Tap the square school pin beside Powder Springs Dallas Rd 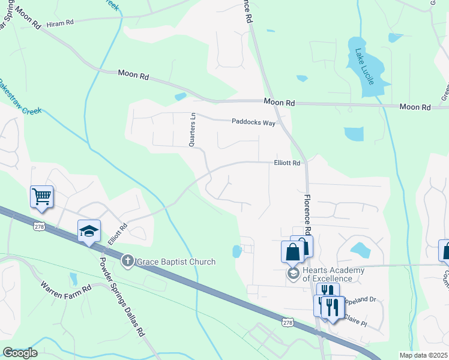pyautogui.click(x=89, y=231)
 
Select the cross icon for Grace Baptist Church pyautogui.click(x=127, y=261)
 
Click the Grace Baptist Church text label pyautogui.click(x=175, y=262)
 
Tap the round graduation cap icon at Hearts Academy pyautogui.click(x=293, y=274)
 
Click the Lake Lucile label pyautogui.click(x=364, y=66)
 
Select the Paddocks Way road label pyautogui.click(x=253, y=122)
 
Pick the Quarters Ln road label pyautogui.click(x=193, y=130)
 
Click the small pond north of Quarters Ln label pyautogui.click(x=180, y=97)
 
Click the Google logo pyautogui.click(x=19, y=353)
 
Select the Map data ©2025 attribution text pyautogui.click(x=427, y=355)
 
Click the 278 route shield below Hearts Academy pyautogui.click(x=289, y=323)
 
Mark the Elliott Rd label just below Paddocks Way pyautogui.click(x=287, y=162)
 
